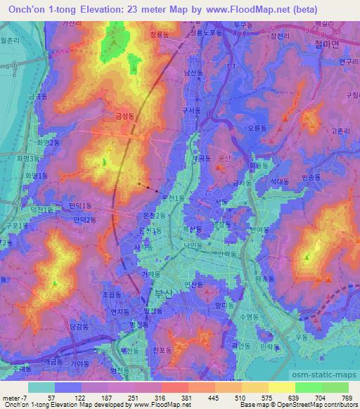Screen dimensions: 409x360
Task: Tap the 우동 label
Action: pyautogui.click(x=302, y=337)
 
